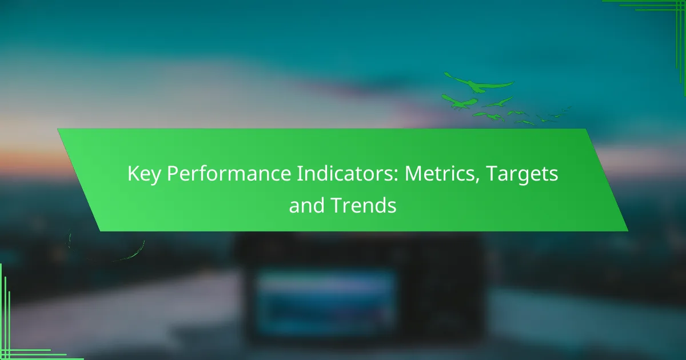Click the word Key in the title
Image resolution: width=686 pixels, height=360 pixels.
[x=143, y=174]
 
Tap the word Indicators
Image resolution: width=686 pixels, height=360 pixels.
[x=345, y=173]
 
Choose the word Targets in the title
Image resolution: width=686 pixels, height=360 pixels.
[x=522, y=174]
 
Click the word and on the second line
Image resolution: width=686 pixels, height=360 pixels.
[x=306, y=205]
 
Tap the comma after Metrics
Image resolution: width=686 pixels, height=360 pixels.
[x=477, y=181]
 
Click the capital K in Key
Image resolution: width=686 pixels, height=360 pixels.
[x=134, y=173]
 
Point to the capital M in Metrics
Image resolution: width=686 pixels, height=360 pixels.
[x=414, y=174]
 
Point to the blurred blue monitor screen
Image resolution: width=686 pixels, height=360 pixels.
[x=326, y=302]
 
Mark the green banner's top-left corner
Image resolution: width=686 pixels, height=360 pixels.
[x=58, y=129]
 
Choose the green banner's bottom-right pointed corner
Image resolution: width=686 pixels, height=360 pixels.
[x=628, y=231]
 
